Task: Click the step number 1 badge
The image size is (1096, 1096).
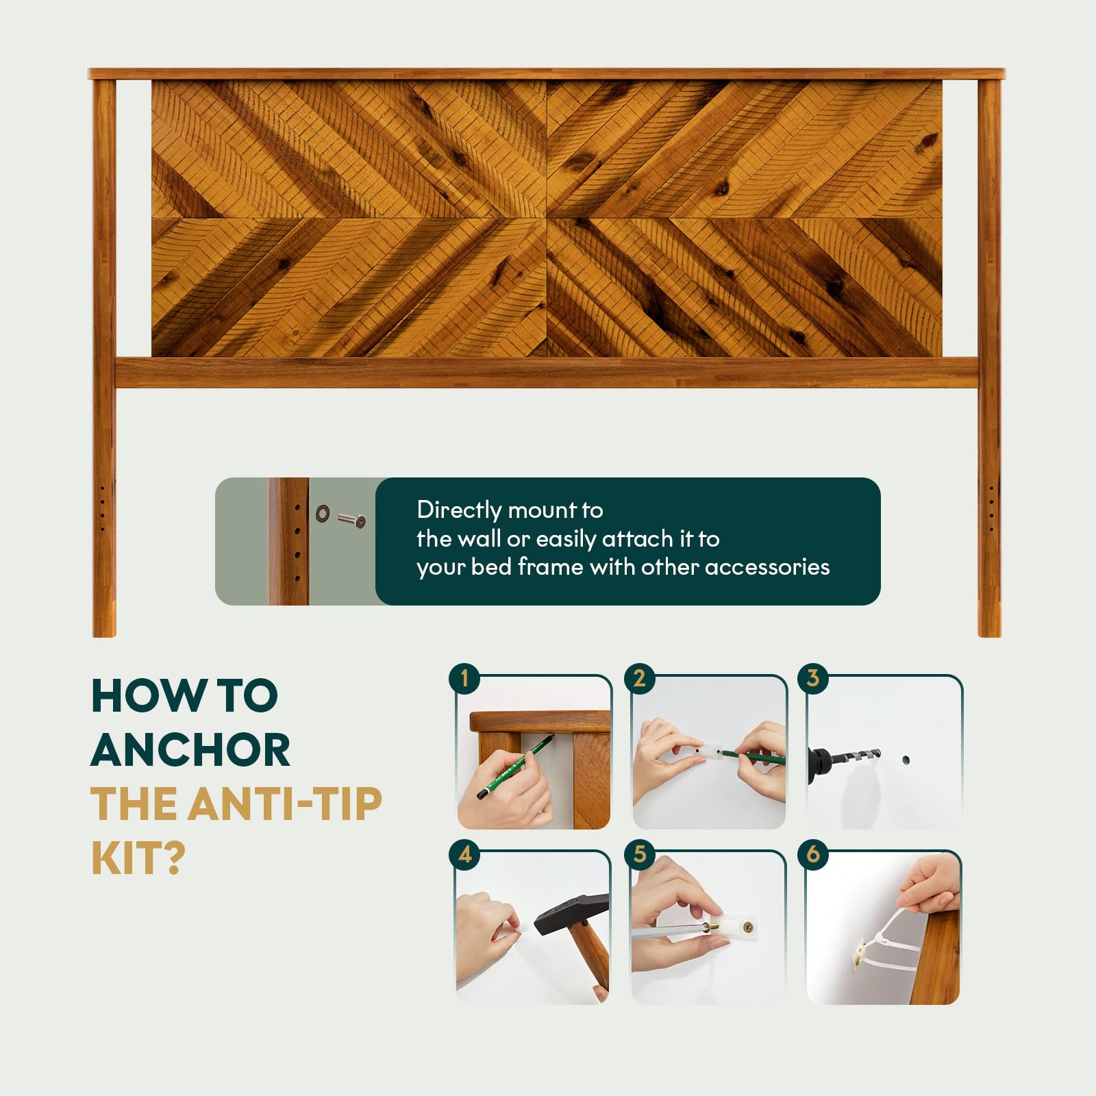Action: pos(464,679)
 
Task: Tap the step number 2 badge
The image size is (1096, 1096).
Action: pos(639,679)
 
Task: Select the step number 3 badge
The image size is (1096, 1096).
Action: pos(813,679)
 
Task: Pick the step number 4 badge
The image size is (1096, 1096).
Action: pos(464,854)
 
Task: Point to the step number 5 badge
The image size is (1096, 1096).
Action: pos(639,854)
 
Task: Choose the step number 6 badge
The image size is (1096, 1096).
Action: pos(813,854)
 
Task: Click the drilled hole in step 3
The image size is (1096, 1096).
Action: pos(906,760)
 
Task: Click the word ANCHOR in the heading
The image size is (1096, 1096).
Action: pos(190,750)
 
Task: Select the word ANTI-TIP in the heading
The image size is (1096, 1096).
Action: pos(284,804)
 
